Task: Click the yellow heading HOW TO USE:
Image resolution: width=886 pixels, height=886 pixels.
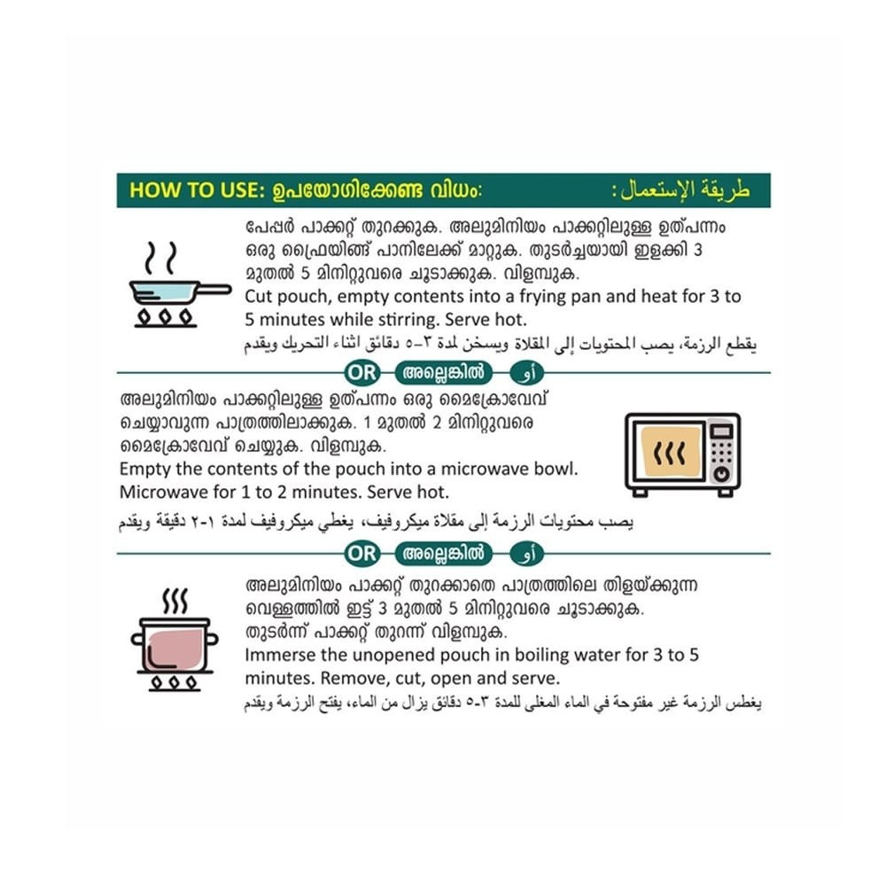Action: tap(197, 190)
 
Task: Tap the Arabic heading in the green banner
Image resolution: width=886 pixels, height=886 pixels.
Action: tap(681, 190)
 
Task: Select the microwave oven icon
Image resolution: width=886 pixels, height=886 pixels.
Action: tap(682, 455)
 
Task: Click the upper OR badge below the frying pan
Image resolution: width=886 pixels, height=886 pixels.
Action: tap(361, 372)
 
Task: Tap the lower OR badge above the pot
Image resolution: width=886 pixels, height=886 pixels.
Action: tap(361, 553)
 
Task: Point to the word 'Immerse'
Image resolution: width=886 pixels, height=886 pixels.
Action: tap(280, 655)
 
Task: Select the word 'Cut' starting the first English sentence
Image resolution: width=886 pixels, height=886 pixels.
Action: tap(258, 297)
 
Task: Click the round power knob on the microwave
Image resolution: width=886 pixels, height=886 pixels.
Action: tap(721, 474)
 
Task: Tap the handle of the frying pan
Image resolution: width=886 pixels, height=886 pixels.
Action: tap(214, 290)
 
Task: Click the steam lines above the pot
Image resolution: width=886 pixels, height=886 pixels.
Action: tap(175, 602)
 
